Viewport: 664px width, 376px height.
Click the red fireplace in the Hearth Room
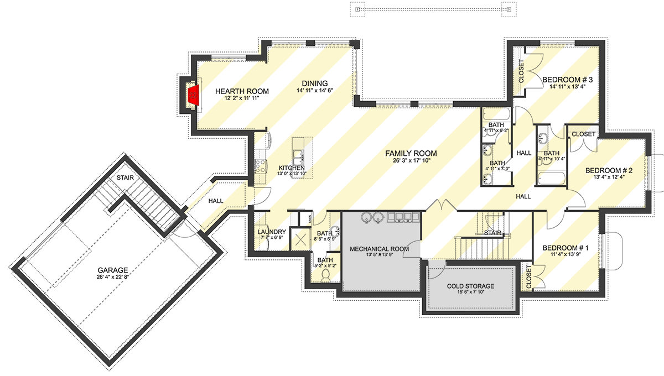pyautogui.click(x=193, y=94)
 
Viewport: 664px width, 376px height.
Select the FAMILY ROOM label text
pyautogui.click(x=411, y=153)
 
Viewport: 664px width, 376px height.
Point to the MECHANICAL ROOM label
pyautogui.click(x=379, y=249)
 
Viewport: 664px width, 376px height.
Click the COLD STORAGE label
pyautogui.click(x=470, y=286)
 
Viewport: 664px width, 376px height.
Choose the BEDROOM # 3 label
pyautogui.click(x=567, y=80)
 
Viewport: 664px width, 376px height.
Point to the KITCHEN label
pyautogui.click(x=292, y=168)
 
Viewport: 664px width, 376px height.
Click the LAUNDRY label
pyautogui.click(x=272, y=232)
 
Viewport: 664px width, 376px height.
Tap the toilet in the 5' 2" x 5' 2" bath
pyautogui.click(x=326, y=274)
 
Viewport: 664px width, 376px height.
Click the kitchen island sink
pyautogui.click(x=298, y=155)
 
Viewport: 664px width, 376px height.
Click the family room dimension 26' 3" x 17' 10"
pyautogui.click(x=411, y=160)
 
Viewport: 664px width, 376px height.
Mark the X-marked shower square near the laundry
pyautogui.click(x=302, y=241)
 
